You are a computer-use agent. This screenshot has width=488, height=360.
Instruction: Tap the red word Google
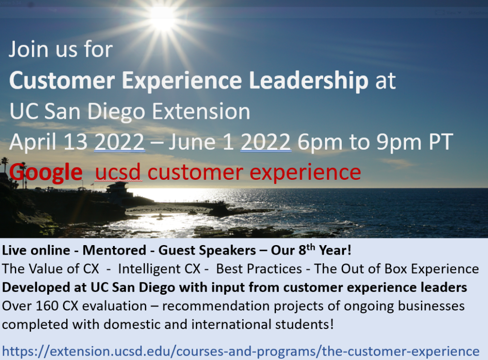[x=46, y=173]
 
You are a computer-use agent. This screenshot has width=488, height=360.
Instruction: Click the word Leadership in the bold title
[x=308, y=81]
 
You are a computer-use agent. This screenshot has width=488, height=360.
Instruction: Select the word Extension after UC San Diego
[x=201, y=111]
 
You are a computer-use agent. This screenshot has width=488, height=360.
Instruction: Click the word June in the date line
[x=192, y=142]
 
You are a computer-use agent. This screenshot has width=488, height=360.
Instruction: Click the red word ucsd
[x=119, y=172]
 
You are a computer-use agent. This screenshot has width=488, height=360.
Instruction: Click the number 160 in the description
[x=47, y=306]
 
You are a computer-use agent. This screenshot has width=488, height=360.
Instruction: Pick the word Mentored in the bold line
[x=114, y=250]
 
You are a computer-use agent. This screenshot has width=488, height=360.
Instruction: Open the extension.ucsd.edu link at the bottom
[x=241, y=351]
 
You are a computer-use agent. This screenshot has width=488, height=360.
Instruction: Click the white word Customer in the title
[x=62, y=81]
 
